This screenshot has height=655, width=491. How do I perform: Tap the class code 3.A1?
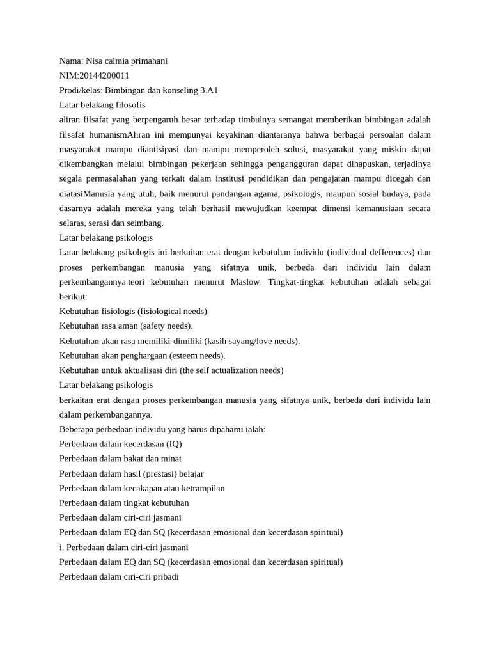pyautogui.click(x=209, y=90)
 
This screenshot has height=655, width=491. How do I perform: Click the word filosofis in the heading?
pyautogui.click(x=130, y=105)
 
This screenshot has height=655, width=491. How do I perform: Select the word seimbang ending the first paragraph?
pyautogui.click(x=144, y=223)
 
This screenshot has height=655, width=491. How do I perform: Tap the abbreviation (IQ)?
pyautogui.click(x=173, y=444)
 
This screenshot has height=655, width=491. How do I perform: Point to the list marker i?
pyautogui.click(x=61, y=548)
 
